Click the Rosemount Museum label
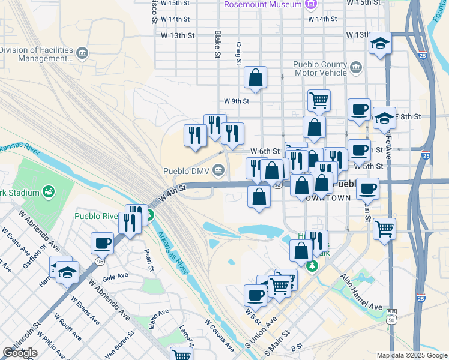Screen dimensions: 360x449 262,5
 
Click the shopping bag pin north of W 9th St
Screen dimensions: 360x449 256,77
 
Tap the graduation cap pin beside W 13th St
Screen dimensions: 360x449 380,44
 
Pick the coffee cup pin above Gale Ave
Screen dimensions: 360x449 103,243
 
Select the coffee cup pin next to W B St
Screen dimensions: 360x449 255,295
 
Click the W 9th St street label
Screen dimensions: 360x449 236,101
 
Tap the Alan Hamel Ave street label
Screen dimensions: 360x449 361,292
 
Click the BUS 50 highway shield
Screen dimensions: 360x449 392,316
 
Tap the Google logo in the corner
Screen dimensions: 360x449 20,353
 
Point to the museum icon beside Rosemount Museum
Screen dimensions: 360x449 310,5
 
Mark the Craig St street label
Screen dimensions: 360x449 238,53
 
